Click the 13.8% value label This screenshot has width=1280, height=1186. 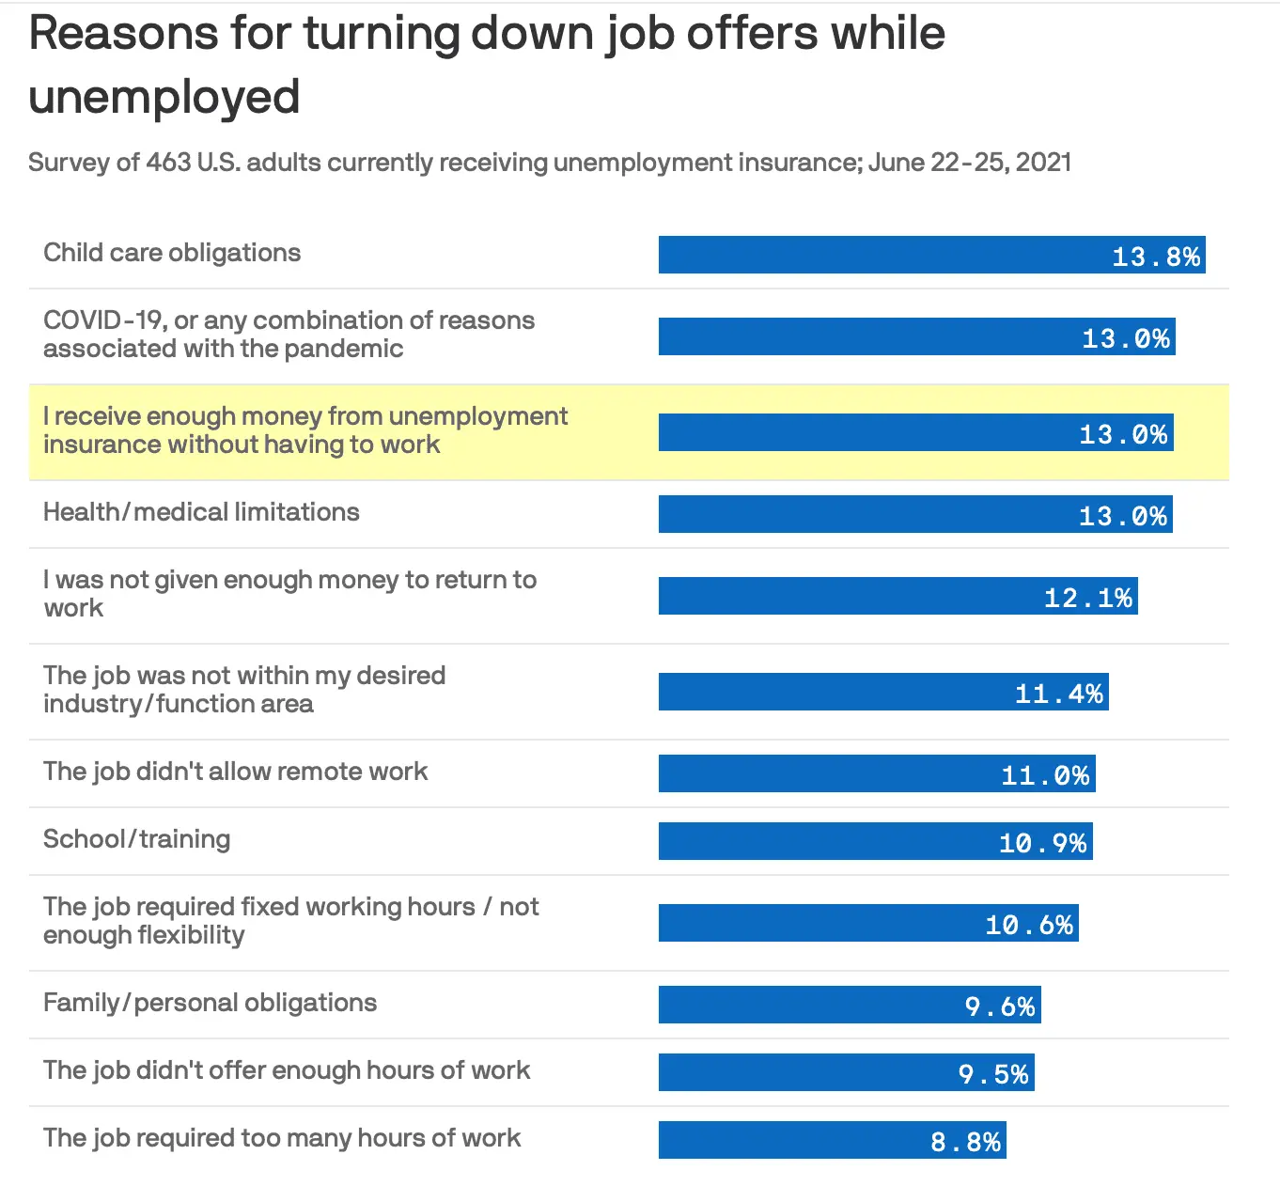1156,257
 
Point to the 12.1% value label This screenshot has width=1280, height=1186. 1088,598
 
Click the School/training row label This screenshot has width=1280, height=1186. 137,838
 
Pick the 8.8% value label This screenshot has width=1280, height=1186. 965,1142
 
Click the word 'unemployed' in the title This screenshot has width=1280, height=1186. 164,98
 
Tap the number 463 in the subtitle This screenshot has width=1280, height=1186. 168,163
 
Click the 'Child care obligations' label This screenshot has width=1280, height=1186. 172,253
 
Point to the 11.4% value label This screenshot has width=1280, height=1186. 1059,694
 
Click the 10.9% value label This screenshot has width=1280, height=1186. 1042,843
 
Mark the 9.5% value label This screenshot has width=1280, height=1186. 993,1074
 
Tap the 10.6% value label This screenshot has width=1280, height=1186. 1029,925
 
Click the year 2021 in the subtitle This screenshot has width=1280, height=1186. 1043,163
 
